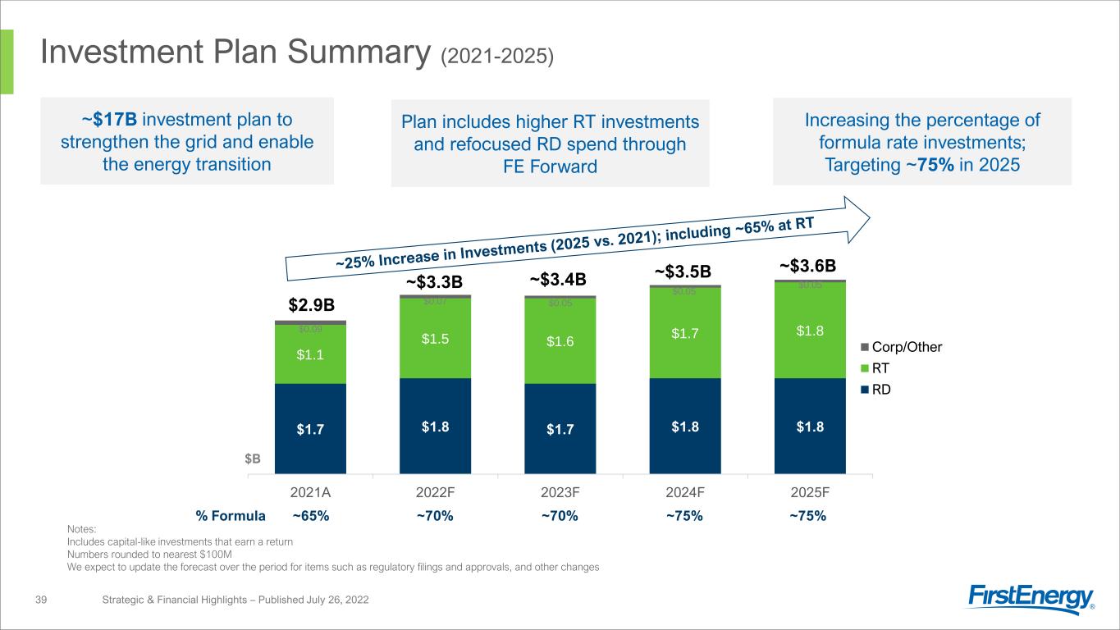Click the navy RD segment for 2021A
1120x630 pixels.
tap(310, 428)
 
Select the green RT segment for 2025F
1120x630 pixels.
tap(810, 330)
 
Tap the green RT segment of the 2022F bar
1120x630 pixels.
tap(435, 338)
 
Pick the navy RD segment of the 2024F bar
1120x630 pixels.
tap(684, 426)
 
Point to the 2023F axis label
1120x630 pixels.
tap(560, 493)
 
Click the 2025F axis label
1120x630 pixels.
tap(810, 493)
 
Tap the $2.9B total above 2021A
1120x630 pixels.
tap(311, 305)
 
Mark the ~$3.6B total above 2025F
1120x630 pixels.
tap(807, 266)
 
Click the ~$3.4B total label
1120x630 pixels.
tap(558, 281)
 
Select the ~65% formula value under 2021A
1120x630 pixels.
tap(311, 516)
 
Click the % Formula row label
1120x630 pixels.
tap(231, 516)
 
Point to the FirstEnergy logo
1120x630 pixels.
tap(1031, 600)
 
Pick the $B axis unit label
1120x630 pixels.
tap(253, 459)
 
